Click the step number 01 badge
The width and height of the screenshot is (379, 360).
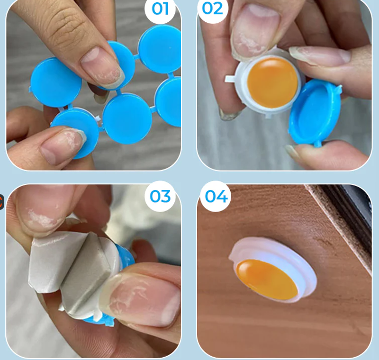(x=160, y=9)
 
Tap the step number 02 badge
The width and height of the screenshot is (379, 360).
(x=212, y=9)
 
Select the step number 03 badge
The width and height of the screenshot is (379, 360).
(x=160, y=196)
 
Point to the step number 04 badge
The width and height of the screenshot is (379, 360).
(x=216, y=196)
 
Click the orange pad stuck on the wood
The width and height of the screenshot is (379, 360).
(x=267, y=279)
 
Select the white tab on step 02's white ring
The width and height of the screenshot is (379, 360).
(x=229, y=79)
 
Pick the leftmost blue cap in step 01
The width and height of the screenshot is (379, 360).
(x=56, y=82)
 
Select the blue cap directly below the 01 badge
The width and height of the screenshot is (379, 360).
(x=160, y=48)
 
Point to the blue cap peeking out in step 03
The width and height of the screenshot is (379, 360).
(x=125, y=256)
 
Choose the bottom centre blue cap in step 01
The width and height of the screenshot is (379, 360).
(x=127, y=118)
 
